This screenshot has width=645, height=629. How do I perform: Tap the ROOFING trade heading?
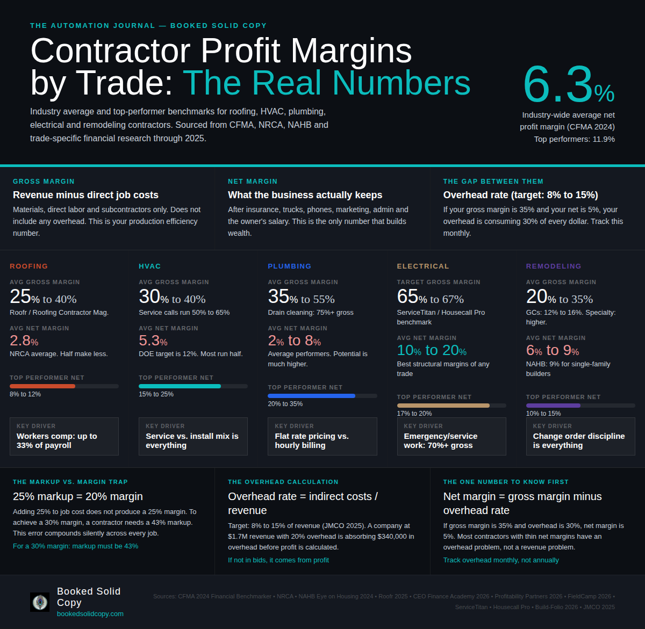[29, 266]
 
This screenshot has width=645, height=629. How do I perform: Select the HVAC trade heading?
[150, 266]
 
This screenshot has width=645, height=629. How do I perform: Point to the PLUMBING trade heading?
[290, 266]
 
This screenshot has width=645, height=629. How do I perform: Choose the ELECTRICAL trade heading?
[423, 266]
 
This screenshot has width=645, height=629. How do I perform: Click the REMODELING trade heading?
[554, 266]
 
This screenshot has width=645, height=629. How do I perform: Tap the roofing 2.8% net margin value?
[24, 341]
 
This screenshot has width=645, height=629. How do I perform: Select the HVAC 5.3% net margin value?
[153, 341]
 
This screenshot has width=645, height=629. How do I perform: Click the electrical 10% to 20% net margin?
[432, 350]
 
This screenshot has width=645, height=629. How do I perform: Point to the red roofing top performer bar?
[42, 386]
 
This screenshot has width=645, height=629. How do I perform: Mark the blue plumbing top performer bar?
[311, 396]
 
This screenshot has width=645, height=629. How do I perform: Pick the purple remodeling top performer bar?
[553, 406]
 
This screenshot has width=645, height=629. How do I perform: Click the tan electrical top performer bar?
[443, 406]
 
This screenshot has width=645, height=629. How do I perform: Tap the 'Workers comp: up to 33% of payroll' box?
[64, 437]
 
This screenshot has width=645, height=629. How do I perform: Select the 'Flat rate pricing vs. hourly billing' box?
[322, 437]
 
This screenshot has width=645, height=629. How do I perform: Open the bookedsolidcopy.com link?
[90, 614]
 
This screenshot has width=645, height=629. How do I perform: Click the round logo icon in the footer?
[40, 602]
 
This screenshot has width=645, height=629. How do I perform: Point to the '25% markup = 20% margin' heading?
[78, 496]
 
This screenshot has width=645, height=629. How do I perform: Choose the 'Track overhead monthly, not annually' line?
[501, 560]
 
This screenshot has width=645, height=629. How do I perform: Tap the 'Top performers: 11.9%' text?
[574, 139]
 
